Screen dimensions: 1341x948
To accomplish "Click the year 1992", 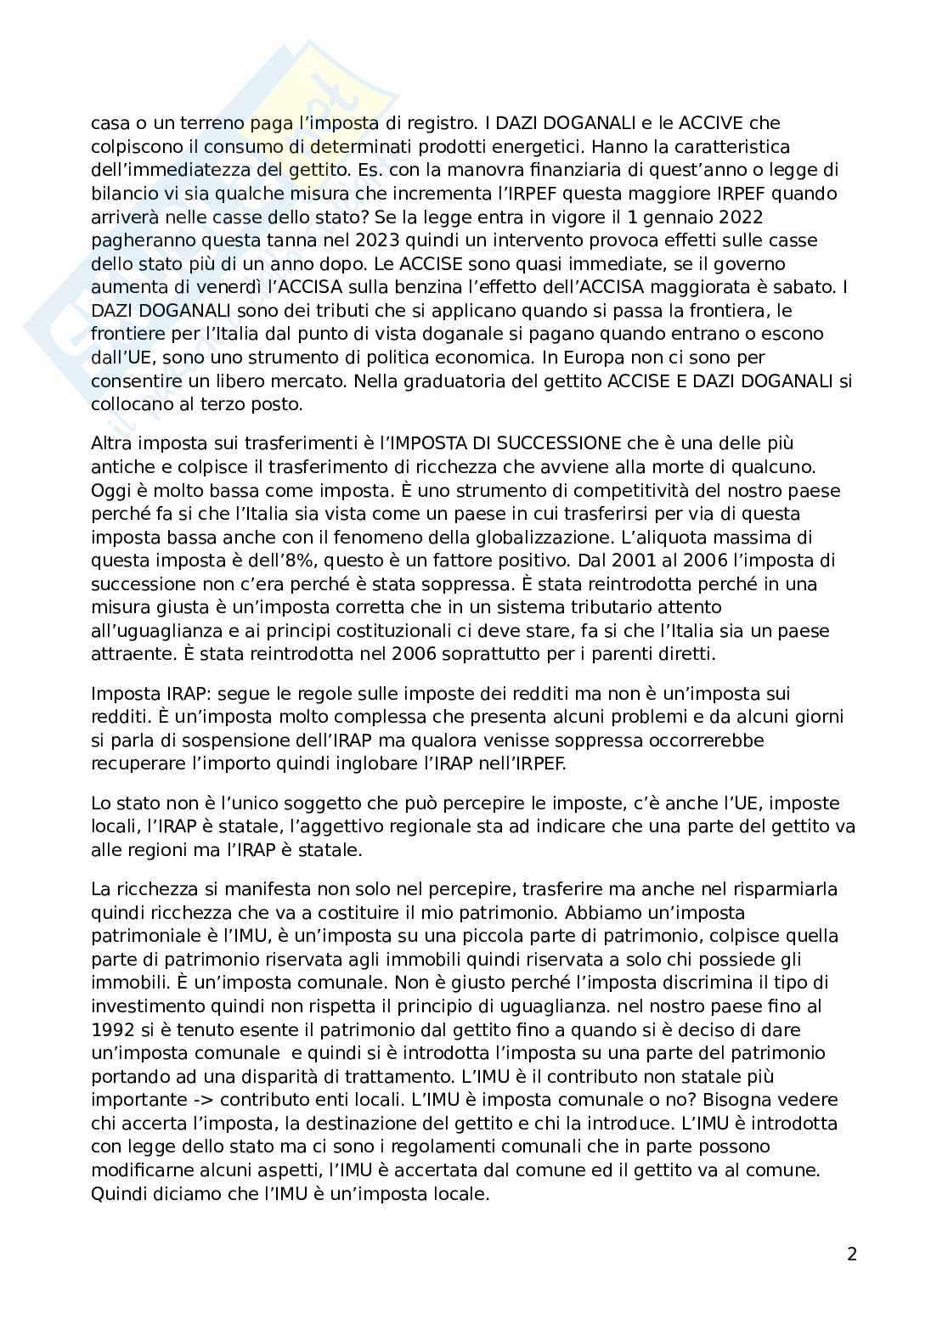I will (112, 1029).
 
